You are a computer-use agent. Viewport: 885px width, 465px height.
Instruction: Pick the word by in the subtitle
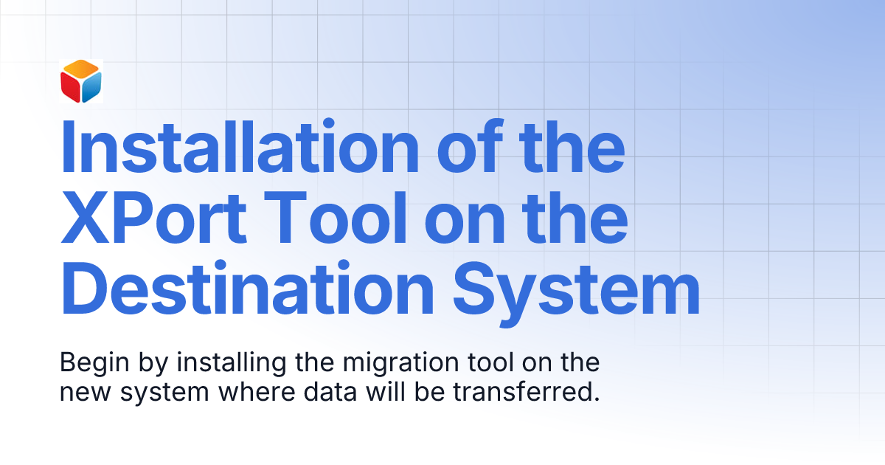point(140,364)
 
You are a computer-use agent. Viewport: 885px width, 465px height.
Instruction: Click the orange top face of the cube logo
point(81,70)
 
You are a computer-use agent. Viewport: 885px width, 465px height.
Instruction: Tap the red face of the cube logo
point(70,89)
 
